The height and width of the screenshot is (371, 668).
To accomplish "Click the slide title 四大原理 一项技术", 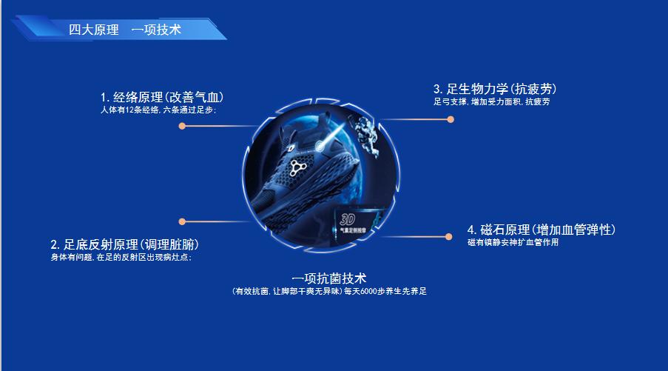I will pos(124,30).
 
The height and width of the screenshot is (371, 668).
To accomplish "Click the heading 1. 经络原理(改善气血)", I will pos(162,97).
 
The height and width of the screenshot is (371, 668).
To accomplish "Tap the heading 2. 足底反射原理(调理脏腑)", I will pos(124,244).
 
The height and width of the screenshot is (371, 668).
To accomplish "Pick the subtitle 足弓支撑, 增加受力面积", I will pos(491,101).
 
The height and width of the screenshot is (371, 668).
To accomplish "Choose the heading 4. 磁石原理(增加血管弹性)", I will pos(541,230).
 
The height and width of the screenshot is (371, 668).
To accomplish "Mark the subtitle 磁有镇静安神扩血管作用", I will pos(513,242).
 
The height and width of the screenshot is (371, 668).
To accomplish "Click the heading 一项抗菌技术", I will pos(329,278).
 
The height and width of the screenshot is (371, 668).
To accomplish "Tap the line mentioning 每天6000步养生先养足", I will pos(329,291).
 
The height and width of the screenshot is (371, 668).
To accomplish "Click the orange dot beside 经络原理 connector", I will pos(182,126).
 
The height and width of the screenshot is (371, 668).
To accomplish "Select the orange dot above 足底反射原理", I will pos(182,221).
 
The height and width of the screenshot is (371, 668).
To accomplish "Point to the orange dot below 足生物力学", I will pos(450,119).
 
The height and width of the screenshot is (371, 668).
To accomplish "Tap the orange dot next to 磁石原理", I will pos(448,236).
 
